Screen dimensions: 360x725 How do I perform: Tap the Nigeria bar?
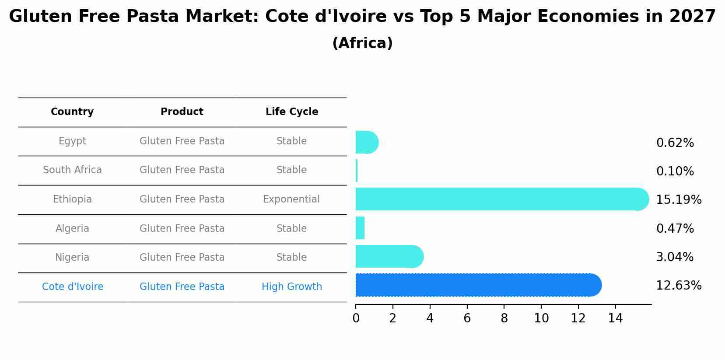pyautogui.click(x=389, y=256)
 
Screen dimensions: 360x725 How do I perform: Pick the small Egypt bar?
pyautogui.click(x=366, y=142)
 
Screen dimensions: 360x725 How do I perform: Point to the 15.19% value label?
pyautogui.click(x=678, y=200)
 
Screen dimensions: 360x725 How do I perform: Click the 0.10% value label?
pyautogui.click(x=675, y=171)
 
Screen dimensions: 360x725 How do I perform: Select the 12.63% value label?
pyautogui.click(x=678, y=286)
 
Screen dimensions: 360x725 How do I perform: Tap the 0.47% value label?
pyautogui.click(x=675, y=229)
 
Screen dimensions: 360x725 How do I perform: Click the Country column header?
pyautogui.click(x=72, y=112)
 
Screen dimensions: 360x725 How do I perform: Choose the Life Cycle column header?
pyautogui.click(x=292, y=112)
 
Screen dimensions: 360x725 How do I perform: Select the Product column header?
pyautogui.click(x=182, y=112)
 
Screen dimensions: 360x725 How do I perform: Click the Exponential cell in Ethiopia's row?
pyautogui.click(x=291, y=199)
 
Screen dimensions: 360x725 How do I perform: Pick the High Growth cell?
pyautogui.click(x=292, y=287)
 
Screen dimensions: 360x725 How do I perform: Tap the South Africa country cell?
pyautogui.click(x=72, y=170)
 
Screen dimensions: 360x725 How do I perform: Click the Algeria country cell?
pyautogui.click(x=72, y=229)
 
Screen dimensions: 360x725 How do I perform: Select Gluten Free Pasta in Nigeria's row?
pyautogui.click(x=182, y=258)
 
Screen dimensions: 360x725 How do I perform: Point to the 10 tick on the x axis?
pyautogui.click(x=541, y=318)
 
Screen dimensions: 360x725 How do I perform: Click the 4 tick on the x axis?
pyautogui.click(x=430, y=318)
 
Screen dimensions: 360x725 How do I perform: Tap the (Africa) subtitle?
pyautogui.click(x=362, y=43)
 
